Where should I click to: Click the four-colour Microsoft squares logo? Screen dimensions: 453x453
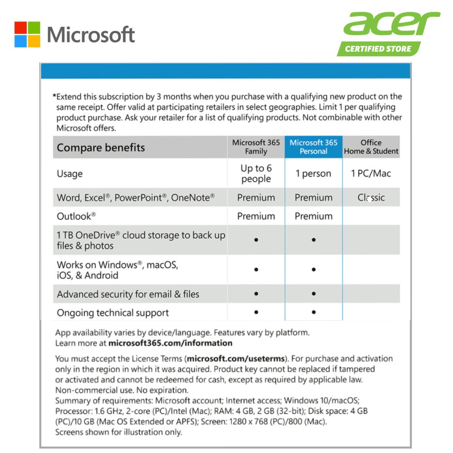click(x=27, y=34)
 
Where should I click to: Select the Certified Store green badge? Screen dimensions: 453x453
click(x=378, y=49)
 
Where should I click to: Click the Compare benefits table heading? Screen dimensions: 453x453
click(x=101, y=148)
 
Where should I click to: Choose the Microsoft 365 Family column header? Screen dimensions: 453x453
click(x=256, y=147)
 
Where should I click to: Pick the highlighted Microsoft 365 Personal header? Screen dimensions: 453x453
click(x=313, y=147)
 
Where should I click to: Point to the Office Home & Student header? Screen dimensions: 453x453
click(x=371, y=147)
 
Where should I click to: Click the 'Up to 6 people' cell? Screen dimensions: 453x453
click(x=256, y=173)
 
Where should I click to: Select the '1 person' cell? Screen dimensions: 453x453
click(x=313, y=173)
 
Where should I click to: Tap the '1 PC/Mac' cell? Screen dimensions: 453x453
click(x=371, y=173)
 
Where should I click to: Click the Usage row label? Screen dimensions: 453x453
click(x=70, y=173)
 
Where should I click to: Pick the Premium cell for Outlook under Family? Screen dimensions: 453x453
click(x=256, y=216)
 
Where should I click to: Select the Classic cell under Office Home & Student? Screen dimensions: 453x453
click(x=371, y=198)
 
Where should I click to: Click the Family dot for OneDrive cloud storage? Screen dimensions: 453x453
click(x=256, y=240)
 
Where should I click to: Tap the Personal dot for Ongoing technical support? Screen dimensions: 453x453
click(x=313, y=312)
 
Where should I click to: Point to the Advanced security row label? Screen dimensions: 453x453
click(x=128, y=294)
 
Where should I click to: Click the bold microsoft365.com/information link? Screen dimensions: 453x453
click(x=170, y=343)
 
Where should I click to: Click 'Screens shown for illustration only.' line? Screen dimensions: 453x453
click(x=119, y=432)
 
